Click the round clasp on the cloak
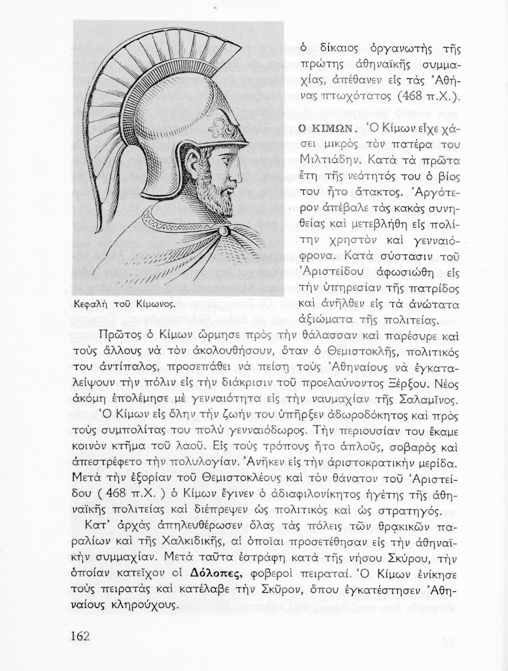click(x=223, y=231)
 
